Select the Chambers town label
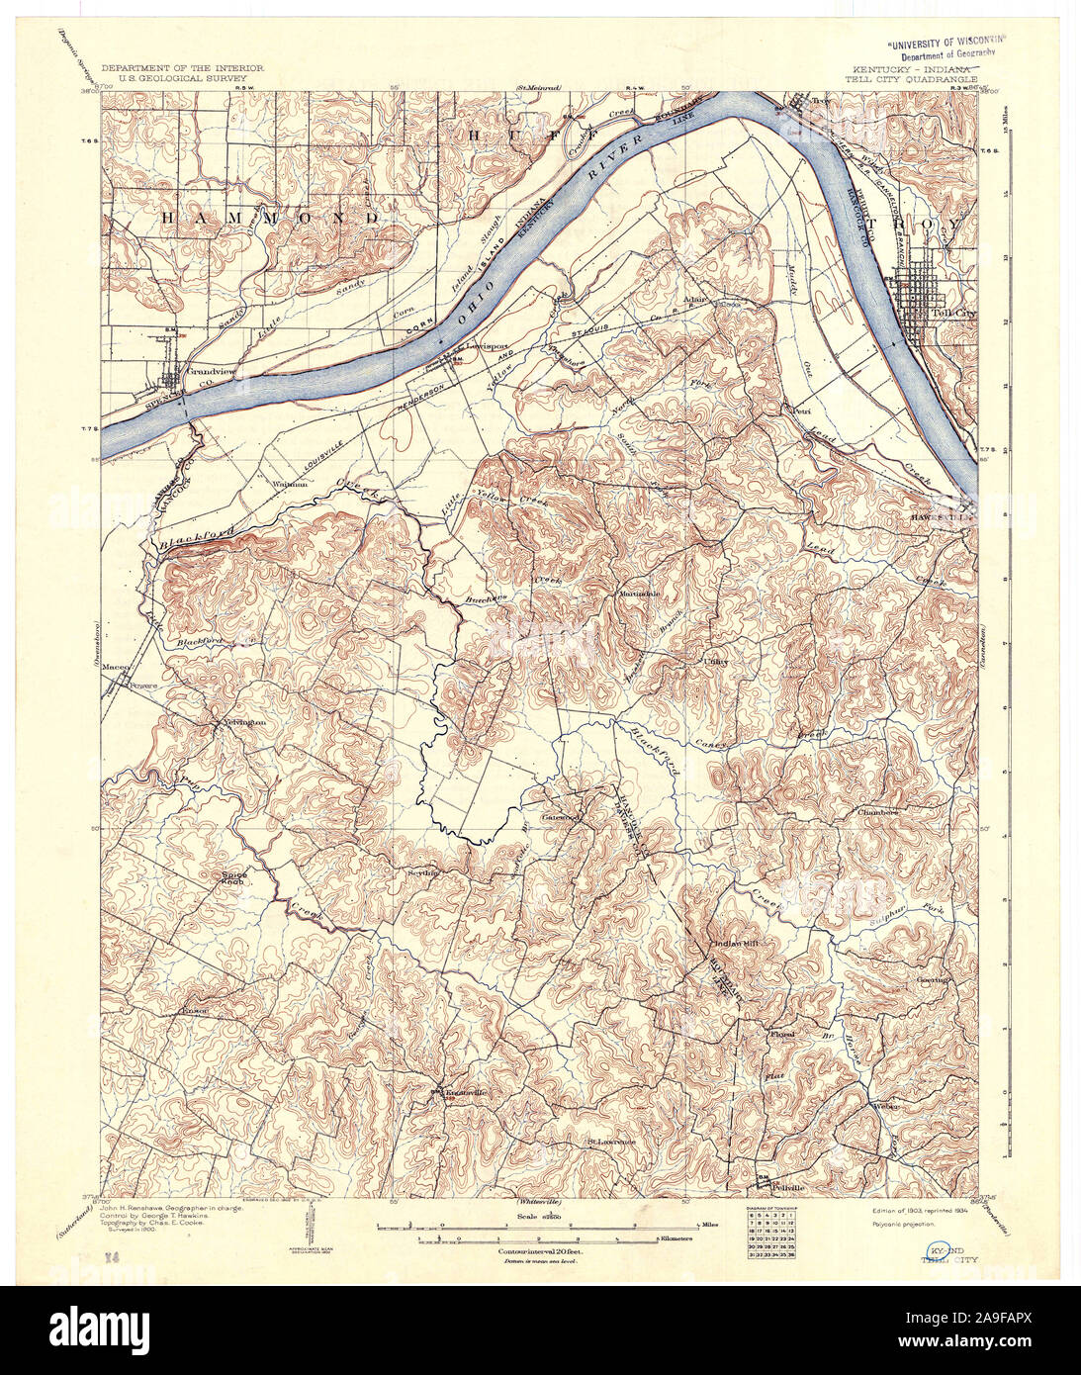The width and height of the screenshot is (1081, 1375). click(x=877, y=812)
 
